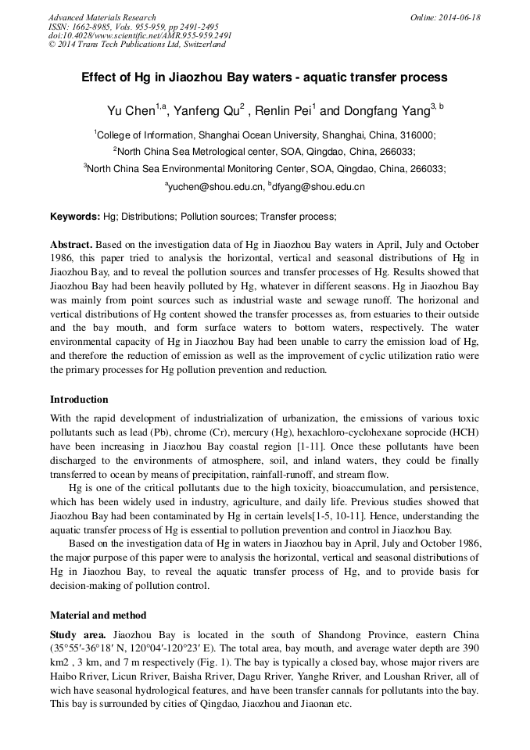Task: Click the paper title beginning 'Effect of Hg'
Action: (x=264, y=77)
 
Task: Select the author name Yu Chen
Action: (x=131, y=109)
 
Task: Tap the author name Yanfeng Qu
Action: (x=205, y=109)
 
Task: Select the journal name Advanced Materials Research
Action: (x=102, y=17)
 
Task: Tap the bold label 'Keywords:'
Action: (x=75, y=216)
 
